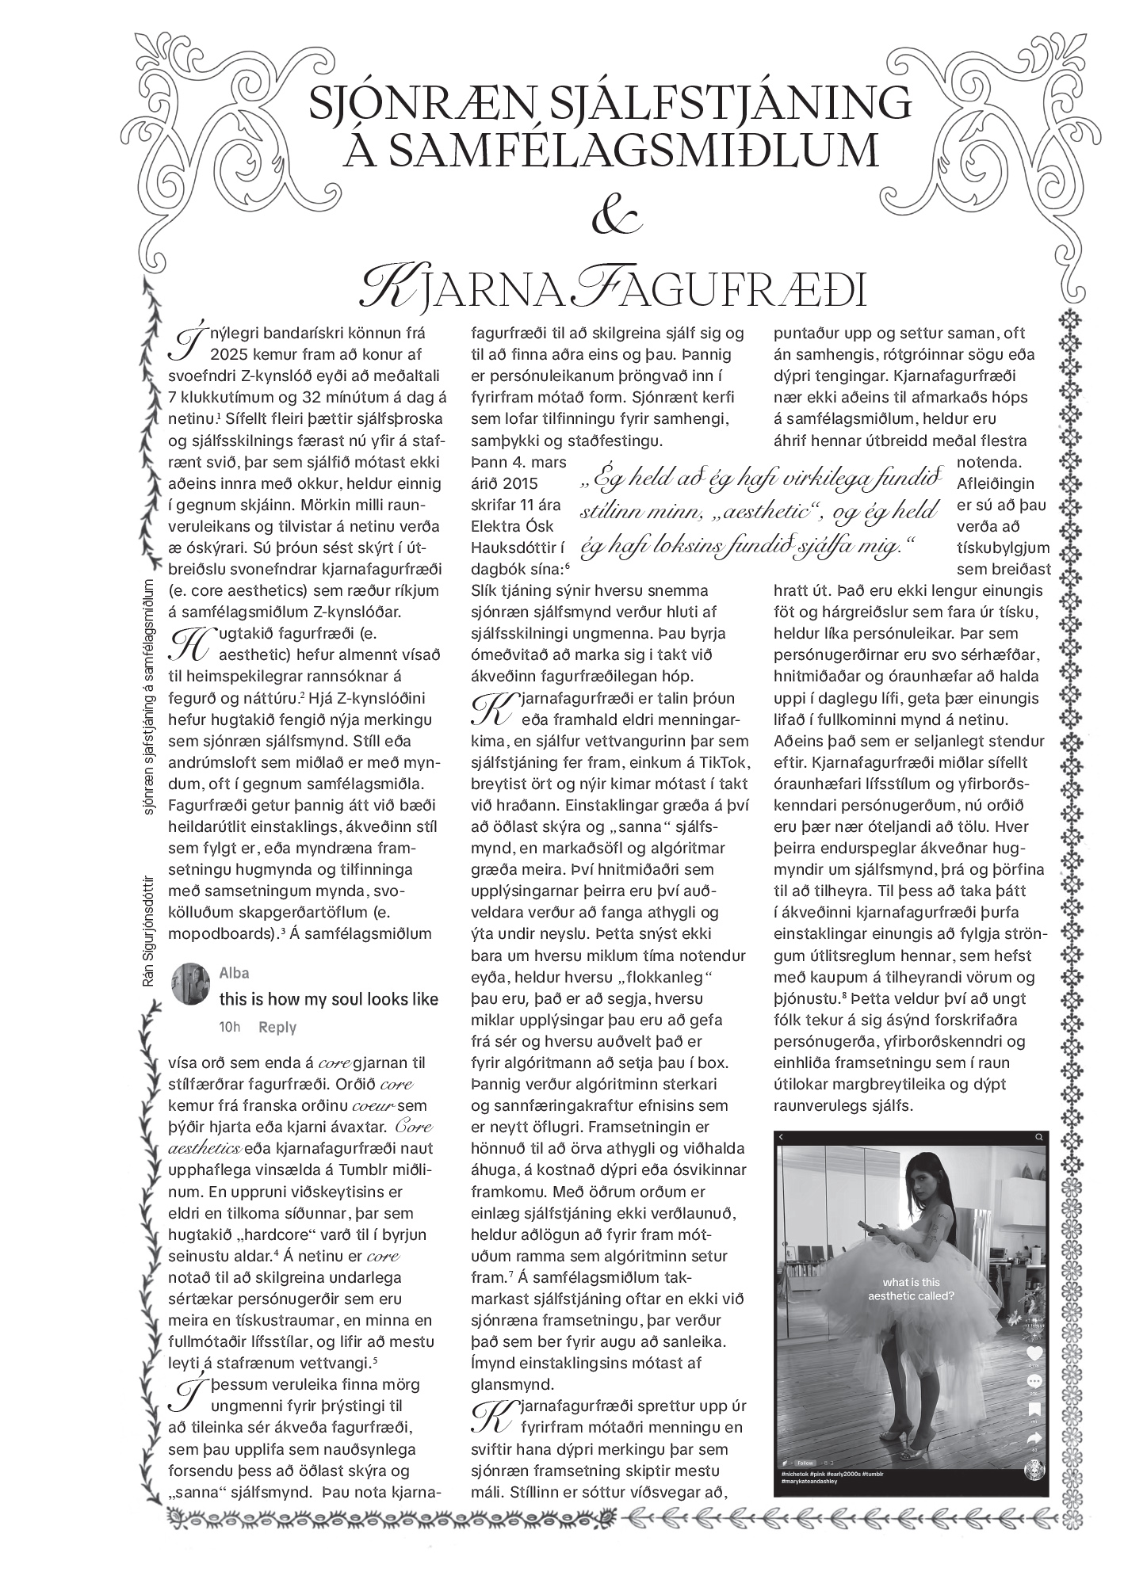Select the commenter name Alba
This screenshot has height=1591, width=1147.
(x=234, y=973)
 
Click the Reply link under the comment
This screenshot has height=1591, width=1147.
(x=277, y=1027)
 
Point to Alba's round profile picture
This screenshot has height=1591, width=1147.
(x=190, y=985)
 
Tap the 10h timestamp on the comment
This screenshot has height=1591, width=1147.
(x=229, y=1027)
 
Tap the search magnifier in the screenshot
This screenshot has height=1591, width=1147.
(x=1038, y=1137)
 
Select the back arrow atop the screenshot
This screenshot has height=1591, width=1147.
(x=782, y=1137)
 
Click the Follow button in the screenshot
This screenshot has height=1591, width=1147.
(x=805, y=1463)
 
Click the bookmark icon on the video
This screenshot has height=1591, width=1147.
(x=1035, y=1410)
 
